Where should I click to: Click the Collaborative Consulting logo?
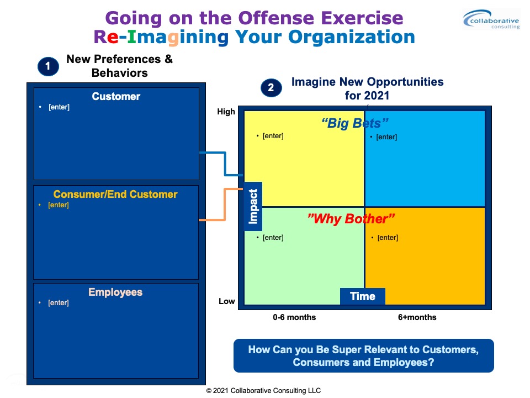point(491,20)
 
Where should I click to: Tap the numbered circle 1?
point(48,66)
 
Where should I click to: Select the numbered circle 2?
point(271,88)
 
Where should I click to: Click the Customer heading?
point(116,96)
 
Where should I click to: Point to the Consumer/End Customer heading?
point(115,194)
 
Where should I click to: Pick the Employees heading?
point(115,292)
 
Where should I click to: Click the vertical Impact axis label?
point(253,206)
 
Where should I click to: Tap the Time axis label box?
point(363,296)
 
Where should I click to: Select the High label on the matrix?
point(226,112)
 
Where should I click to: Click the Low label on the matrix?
point(226,301)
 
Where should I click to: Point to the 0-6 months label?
point(294,317)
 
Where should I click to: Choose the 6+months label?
point(417,317)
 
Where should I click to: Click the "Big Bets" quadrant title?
point(354,123)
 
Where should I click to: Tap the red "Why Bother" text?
point(351,219)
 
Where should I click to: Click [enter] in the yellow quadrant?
point(273,136)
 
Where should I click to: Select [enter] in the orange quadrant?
point(388,238)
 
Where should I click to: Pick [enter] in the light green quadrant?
point(273,238)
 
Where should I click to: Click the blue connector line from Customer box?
point(225,164)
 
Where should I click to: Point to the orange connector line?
point(225,205)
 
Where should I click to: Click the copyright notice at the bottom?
point(263,391)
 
